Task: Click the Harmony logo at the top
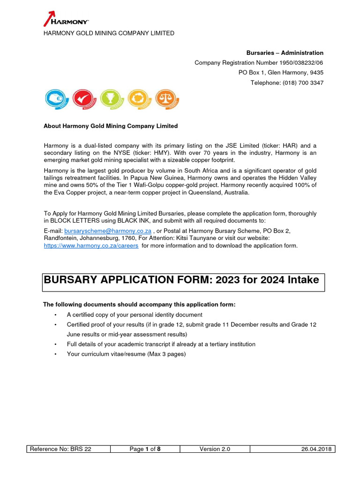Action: pos(66,19)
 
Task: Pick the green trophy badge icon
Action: pos(112,99)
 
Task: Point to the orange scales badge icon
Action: pos(167,99)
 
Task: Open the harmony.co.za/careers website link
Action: pos(91,246)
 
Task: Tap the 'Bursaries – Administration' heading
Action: pos(285,53)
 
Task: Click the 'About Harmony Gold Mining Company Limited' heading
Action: pos(111,126)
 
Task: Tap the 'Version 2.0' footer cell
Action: pos(215,449)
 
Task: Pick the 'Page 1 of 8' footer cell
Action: pos(145,449)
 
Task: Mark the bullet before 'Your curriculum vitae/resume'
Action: pos(55,354)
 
